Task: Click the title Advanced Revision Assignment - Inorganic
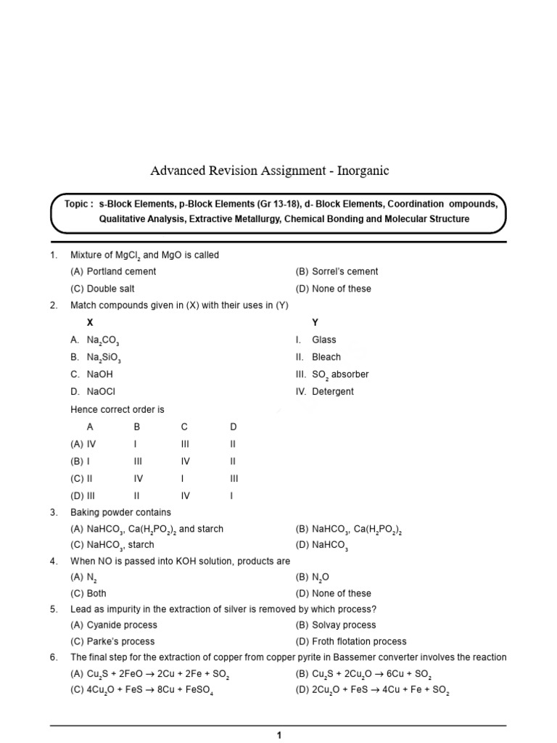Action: click(x=269, y=171)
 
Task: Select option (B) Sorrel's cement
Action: click(x=337, y=271)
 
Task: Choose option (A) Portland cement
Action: click(x=112, y=271)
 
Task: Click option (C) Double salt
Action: click(x=104, y=288)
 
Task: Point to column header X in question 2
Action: click(x=90, y=322)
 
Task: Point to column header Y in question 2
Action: click(x=315, y=322)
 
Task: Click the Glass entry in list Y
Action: click(x=323, y=340)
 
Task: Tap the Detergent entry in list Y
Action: click(x=332, y=391)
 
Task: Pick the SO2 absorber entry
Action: click(x=339, y=374)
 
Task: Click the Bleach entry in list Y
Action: click(x=326, y=357)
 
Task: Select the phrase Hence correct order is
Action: click(x=117, y=409)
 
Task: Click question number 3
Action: click(x=54, y=512)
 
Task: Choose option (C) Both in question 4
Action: click(x=88, y=593)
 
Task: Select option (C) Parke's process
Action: click(x=112, y=641)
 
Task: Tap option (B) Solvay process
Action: click(x=335, y=625)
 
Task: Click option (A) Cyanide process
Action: click(x=113, y=625)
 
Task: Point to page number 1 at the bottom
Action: click(x=278, y=735)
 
